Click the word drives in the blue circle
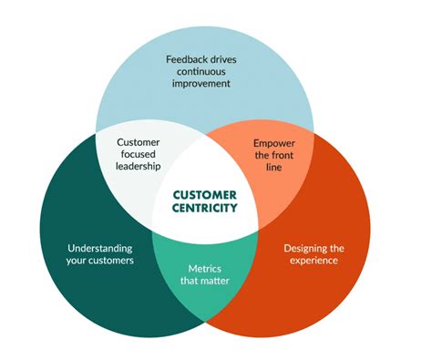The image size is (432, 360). pos(234,60)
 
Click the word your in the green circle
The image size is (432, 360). pos(77,261)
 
